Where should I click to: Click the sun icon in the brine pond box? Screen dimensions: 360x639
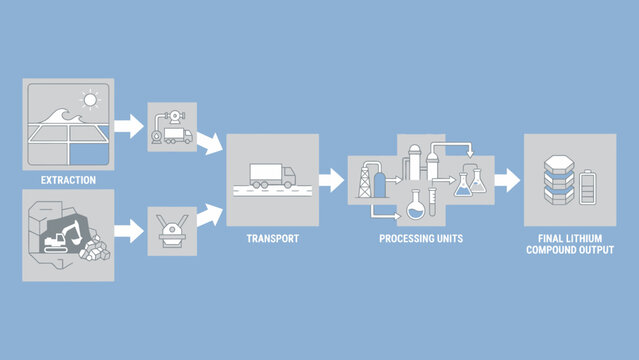click(x=90, y=101)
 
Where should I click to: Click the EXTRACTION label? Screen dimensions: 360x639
click(x=68, y=180)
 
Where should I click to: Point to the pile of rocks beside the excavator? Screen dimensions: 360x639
click(x=96, y=250)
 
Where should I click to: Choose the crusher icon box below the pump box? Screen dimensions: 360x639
click(x=171, y=230)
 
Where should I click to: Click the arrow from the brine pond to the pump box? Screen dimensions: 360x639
click(x=128, y=126)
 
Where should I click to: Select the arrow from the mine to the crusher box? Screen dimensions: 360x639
click(x=128, y=230)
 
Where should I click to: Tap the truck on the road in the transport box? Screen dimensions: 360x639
click(x=271, y=176)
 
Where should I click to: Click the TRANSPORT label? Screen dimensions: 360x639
click(x=272, y=239)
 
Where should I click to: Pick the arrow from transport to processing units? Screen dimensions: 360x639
click(x=330, y=180)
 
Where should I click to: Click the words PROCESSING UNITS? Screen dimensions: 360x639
click(x=421, y=239)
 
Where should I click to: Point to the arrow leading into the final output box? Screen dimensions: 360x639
click(x=507, y=180)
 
